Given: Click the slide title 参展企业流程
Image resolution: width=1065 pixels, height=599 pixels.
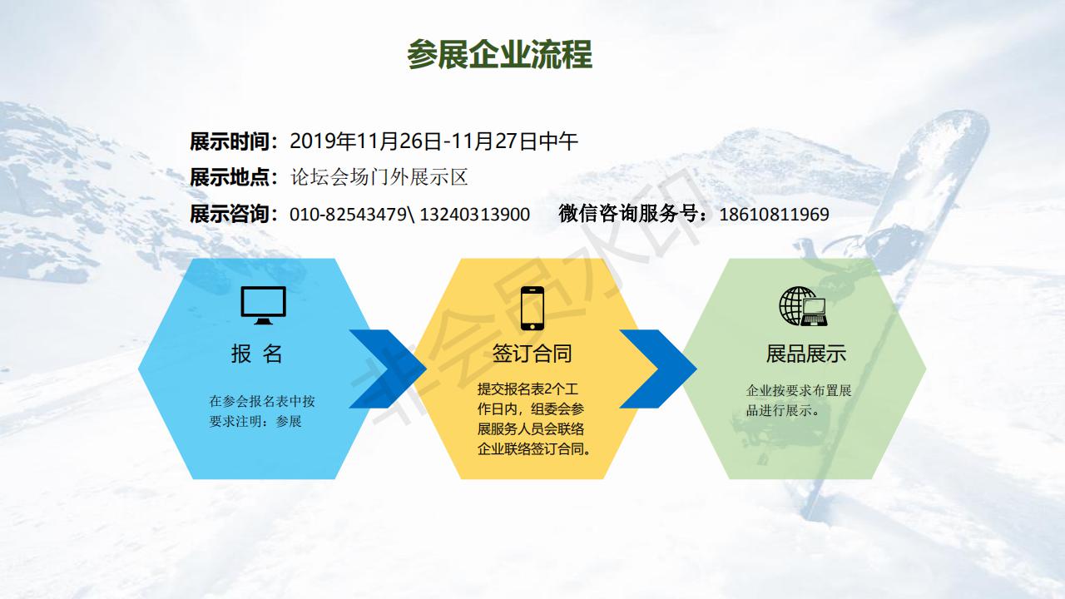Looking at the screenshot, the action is coord(500,54).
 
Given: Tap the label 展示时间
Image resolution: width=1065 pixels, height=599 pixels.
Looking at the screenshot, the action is coord(230,141).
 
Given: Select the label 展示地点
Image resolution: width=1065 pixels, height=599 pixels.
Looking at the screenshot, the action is coord(230,177).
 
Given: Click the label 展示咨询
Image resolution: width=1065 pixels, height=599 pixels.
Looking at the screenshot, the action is coord(230,214).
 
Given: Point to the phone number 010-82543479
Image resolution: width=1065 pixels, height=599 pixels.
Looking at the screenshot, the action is coord(348,215).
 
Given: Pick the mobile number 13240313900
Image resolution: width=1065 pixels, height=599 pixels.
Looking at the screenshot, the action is coord(474,215).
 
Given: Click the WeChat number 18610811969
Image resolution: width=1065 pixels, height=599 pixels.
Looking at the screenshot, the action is coord(774,215).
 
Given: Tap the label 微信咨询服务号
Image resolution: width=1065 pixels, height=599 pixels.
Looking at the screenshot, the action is coord(627,214).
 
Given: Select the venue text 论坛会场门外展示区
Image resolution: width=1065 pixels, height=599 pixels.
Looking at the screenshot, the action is coord(379,177).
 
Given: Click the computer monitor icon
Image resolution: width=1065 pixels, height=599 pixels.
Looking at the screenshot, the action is coord(264,305).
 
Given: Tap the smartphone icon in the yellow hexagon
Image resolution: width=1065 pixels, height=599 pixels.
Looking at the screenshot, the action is coord(532,308).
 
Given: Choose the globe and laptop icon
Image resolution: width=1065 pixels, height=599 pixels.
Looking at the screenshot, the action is coord(803,306).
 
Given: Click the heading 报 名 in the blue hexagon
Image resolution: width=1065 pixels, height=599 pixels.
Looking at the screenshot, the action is coord(257,354).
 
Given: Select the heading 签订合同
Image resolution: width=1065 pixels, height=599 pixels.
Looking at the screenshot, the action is coord(532,354).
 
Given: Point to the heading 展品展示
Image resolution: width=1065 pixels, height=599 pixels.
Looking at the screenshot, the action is coord(806,354).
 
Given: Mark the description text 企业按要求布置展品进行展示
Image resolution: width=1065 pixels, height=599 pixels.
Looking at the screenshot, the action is coord(799,400).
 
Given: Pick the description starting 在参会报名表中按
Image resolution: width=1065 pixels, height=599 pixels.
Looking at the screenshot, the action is coord(262,411).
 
